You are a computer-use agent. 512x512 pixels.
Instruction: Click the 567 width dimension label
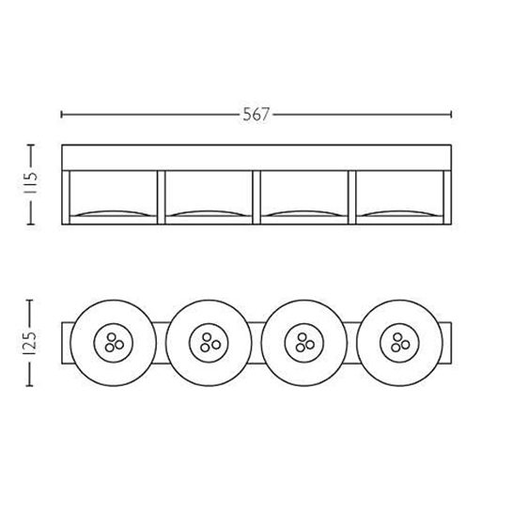[x=256, y=115]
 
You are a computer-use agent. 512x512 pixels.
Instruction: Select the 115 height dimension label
[x=31, y=183]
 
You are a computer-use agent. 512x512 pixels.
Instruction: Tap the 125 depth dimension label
[x=30, y=343]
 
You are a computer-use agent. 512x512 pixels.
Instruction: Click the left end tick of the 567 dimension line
[x=62, y=115]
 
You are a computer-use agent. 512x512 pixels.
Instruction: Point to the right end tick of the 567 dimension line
[x=451, y=115]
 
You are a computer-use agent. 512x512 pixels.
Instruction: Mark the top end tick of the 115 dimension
[x=30, y=145]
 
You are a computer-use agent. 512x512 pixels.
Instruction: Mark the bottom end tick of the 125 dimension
[x=30, y=385]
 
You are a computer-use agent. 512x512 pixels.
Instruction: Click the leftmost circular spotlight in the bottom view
[x=114, y=343]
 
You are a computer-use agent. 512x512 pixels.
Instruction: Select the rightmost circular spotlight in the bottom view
[x=399, y=343]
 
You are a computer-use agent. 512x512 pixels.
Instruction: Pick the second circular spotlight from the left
[x=209, y=343]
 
